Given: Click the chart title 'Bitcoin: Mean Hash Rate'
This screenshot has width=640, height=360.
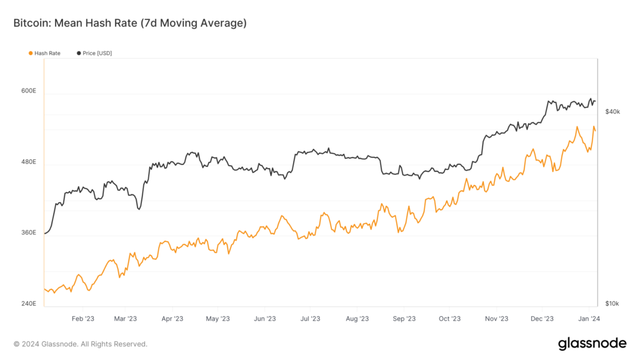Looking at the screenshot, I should tap(130, 23).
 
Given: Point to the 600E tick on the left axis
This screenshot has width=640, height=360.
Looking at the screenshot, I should tap(29, 91).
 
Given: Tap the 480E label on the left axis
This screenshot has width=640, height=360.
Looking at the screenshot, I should tap(29, 162).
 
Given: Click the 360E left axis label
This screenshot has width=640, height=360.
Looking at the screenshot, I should tap(29, 232).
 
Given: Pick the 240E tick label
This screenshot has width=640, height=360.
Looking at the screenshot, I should tap(29, 304).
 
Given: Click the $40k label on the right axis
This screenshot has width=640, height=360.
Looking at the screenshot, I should tap(612, 111).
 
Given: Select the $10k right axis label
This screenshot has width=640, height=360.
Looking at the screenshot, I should tap(612, 304).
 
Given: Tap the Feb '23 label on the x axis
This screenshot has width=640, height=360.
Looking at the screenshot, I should tap(82, 319).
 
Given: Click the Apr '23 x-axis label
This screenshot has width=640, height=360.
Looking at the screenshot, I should tap(172, 319).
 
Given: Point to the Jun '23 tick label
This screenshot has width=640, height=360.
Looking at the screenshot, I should tap(265, 319).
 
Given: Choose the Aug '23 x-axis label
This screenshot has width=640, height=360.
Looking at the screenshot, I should tap(356, 319).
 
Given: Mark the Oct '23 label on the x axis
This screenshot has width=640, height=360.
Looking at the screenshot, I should tap(449, 319).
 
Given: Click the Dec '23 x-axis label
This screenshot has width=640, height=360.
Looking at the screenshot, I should tap(542, 319).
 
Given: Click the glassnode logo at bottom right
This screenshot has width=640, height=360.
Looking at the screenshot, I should tap(592, 343).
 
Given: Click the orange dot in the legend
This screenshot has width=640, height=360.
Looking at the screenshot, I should tap(31, 53).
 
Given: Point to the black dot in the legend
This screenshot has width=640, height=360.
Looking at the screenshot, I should tap(79, 53).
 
